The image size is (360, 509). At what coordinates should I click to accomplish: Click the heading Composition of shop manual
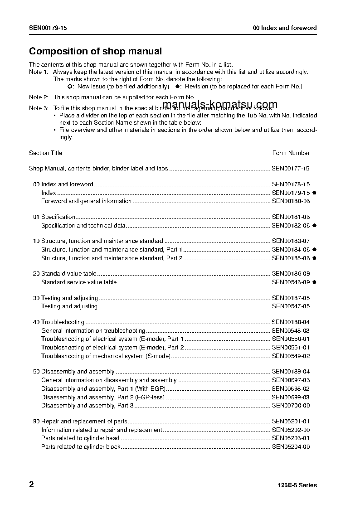(x=95, y=52)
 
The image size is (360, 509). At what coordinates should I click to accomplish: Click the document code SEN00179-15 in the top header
(x=48, y=28)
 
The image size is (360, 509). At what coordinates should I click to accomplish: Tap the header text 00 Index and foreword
(x=285, y=28)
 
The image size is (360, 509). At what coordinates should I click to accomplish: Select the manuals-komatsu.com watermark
(x=219, y=105)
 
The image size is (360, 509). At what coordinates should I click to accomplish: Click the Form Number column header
(x=291, y=153)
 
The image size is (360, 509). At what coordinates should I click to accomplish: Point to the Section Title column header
(x=46, y=153)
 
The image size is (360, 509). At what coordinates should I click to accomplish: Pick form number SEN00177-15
(x=291, y=169)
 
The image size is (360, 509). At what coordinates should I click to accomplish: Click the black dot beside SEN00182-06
(x=314, y=225)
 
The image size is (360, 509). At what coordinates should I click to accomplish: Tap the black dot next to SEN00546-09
(x=314, y=282)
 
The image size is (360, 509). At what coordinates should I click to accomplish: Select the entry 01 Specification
(x=54, y=217)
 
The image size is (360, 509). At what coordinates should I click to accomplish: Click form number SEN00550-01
(x=291, y=339)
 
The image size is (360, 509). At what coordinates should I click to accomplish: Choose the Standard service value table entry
(x=79, y=282)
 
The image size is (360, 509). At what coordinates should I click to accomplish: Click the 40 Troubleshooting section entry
(x=59, y=322)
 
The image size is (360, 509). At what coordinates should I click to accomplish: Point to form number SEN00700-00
(x=291, y=406)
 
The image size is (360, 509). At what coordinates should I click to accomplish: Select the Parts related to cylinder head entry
(x=80, y=438)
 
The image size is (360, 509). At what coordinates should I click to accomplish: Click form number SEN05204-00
(x=291, y=447)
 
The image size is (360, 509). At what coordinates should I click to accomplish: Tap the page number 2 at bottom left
(x=31, y=485)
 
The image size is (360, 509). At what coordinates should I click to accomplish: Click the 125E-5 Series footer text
(x=297, y=485)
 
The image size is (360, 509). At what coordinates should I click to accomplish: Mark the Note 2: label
(x=39, y=97)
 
